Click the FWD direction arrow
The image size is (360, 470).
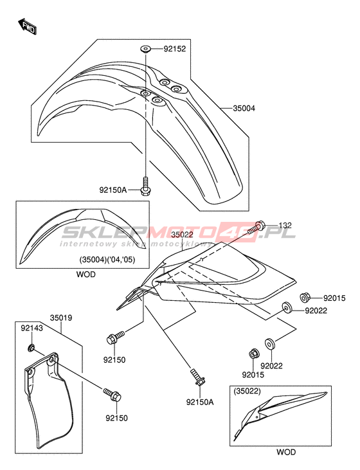coord(28,26)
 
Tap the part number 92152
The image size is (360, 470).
coord(175,49)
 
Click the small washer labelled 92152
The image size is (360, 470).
coord(145,49)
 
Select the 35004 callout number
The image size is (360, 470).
coord(244,108)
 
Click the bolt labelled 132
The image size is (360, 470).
coord(256,228)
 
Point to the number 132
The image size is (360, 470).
coord(285,225)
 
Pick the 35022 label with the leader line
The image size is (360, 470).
coord(182,235)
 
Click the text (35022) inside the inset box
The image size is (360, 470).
coord(248,391)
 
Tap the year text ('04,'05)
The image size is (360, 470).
coord(122,260)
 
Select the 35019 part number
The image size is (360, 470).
coord(61,318)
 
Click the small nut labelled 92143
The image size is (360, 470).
coord(31,348)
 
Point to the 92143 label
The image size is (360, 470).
coord(32,328)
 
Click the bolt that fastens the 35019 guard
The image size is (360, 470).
coord(113,395)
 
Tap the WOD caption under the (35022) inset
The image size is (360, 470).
coord(286,452)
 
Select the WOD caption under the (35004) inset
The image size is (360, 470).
coord(85,275)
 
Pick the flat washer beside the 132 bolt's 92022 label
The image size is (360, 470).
coord(287,308)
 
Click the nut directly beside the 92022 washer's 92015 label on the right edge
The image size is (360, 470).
coord(305,298)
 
